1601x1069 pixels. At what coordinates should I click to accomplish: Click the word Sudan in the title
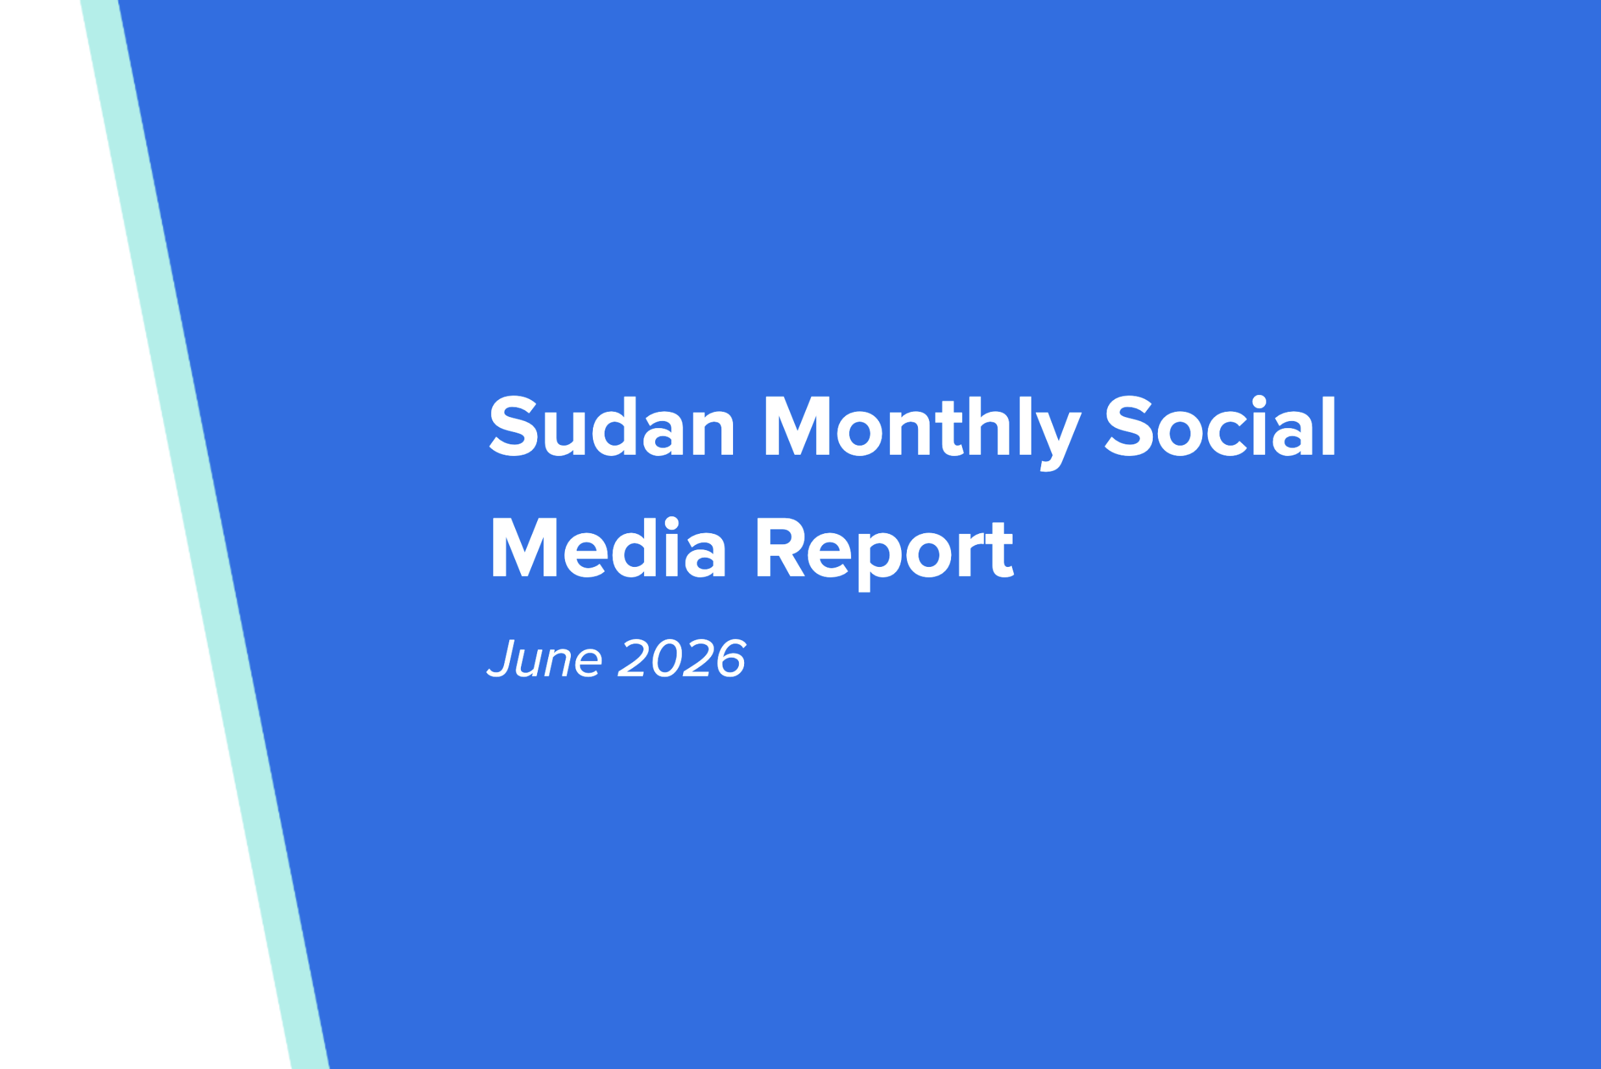click(611, 426)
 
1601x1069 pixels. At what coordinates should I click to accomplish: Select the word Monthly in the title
click(923, 433)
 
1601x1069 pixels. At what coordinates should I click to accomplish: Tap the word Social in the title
click(1220, 426)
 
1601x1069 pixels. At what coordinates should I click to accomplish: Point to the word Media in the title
click(609, 547)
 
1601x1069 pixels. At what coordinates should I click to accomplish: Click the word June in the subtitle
click(544, 658)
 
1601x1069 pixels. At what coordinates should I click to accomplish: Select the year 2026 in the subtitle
click(682, 658)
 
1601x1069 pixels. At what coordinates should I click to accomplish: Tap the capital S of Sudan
click(514, 426)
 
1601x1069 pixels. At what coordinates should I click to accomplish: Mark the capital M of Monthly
click(797, 426)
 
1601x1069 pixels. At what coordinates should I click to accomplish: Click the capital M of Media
click(524, 547)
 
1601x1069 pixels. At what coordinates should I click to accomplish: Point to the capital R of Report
click(781, 547)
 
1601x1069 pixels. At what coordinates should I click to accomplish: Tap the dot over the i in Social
click(1259, 402)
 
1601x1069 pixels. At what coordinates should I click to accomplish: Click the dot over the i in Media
click(671, 523)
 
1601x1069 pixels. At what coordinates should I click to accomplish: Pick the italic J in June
click(501, 658)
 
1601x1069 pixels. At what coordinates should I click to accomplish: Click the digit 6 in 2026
click(732, 658)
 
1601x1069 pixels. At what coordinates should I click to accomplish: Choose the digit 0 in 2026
click(668, 658)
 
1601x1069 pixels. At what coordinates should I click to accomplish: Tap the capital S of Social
click(1129, 426)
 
